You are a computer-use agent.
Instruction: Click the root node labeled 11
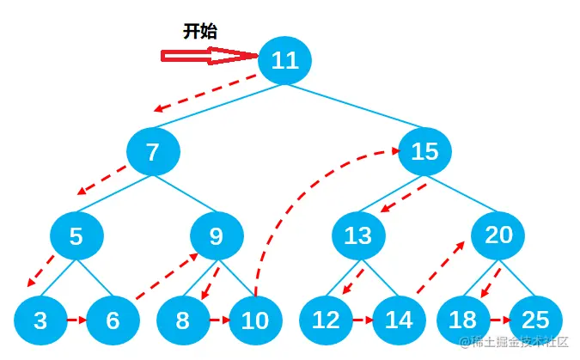(x=284, y=60)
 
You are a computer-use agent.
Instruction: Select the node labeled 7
(x=153, y=152)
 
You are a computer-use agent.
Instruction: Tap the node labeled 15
(x=424, y=152)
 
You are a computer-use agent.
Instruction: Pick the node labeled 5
(x=76, y=235)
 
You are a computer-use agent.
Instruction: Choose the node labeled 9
(x=217, y=235)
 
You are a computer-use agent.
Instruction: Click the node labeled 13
(x=357, y=235)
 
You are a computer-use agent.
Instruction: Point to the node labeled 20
(x=498, y=235)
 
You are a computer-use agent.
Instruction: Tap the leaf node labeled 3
(x=40, y=320)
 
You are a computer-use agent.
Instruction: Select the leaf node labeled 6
(x=113, y=320)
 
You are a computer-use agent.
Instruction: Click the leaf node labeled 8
(x=182, y=320)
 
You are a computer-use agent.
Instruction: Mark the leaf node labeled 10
(x=255, y=320)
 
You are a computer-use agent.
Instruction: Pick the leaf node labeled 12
(x=326, y=320)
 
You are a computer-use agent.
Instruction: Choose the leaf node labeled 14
(x=399, y=320)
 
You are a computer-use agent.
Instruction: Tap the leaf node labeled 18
(x=462, y=320)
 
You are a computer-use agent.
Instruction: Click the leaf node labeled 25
(x=535, y=320)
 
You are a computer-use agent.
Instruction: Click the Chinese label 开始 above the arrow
(x=200, y=32)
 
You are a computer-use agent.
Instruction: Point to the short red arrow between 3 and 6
(x=76, y=320)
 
